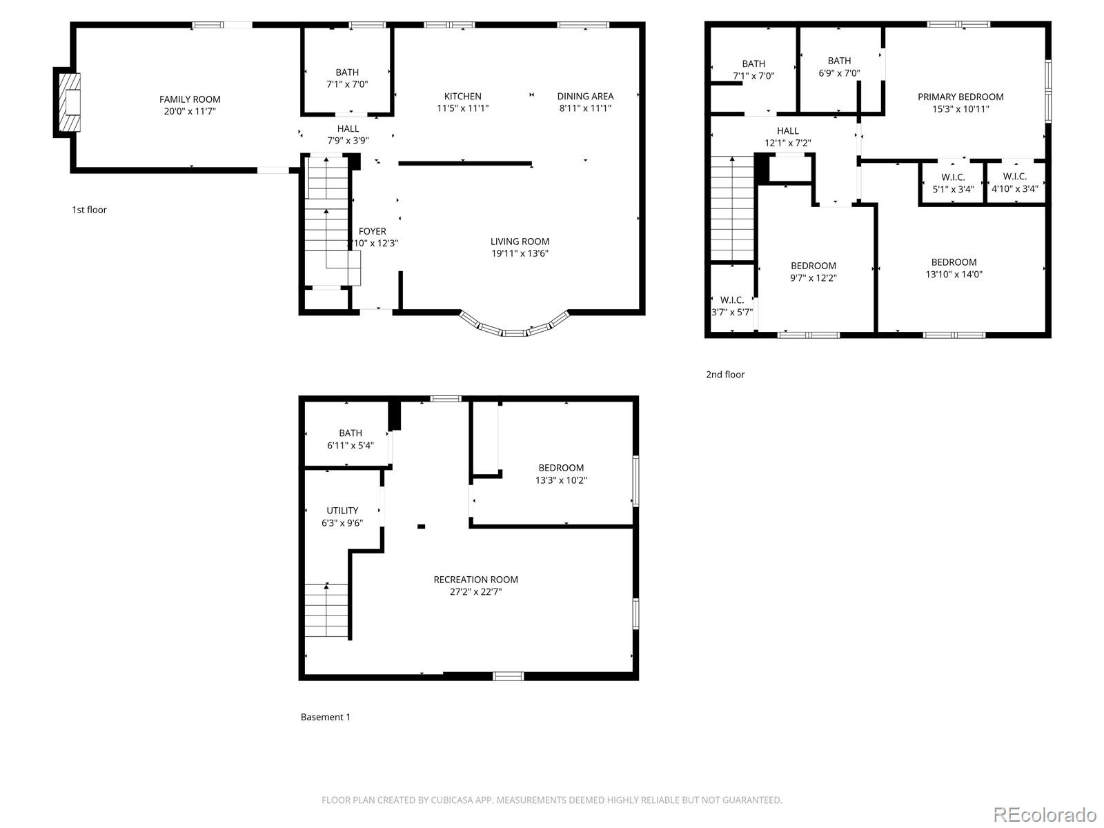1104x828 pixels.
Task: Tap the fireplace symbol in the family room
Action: [x=70, y=103]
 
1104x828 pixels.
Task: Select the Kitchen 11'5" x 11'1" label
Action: [x=462, y=102]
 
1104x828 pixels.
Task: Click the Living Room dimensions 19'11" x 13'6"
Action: [x=520, y=253]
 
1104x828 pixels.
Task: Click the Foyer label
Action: [x=373, y=232]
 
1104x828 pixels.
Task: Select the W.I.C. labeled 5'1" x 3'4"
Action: [x=953, y=183]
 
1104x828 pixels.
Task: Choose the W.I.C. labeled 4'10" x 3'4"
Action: [x=1014, y=183]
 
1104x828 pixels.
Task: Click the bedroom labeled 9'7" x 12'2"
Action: [x=814, y=272]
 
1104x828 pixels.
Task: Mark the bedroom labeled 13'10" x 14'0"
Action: [x=954, y=268]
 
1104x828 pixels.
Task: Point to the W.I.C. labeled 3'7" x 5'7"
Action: [x=732, y=306]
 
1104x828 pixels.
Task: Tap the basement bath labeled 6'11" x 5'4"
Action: [x=351, y=439]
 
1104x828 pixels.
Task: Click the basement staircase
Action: [x=327, y=610]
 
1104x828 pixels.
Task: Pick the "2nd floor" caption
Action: [x=725, y=375]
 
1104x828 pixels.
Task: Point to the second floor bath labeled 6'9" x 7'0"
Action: [x=839, y=66]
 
